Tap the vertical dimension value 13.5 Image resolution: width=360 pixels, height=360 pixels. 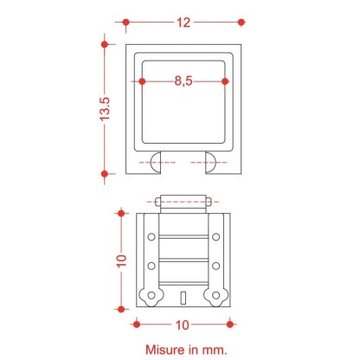click(106, 110)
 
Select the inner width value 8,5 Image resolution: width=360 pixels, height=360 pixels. click(183, 81)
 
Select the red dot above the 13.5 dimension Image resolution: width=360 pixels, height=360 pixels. click(105, 41)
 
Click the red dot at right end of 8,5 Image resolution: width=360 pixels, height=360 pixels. click(225, 81)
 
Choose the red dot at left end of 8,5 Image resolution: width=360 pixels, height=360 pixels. click(142, 81)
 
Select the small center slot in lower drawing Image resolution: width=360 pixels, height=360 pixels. click(183, 298)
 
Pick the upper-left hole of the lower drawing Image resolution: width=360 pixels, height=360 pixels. click(151, 236)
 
